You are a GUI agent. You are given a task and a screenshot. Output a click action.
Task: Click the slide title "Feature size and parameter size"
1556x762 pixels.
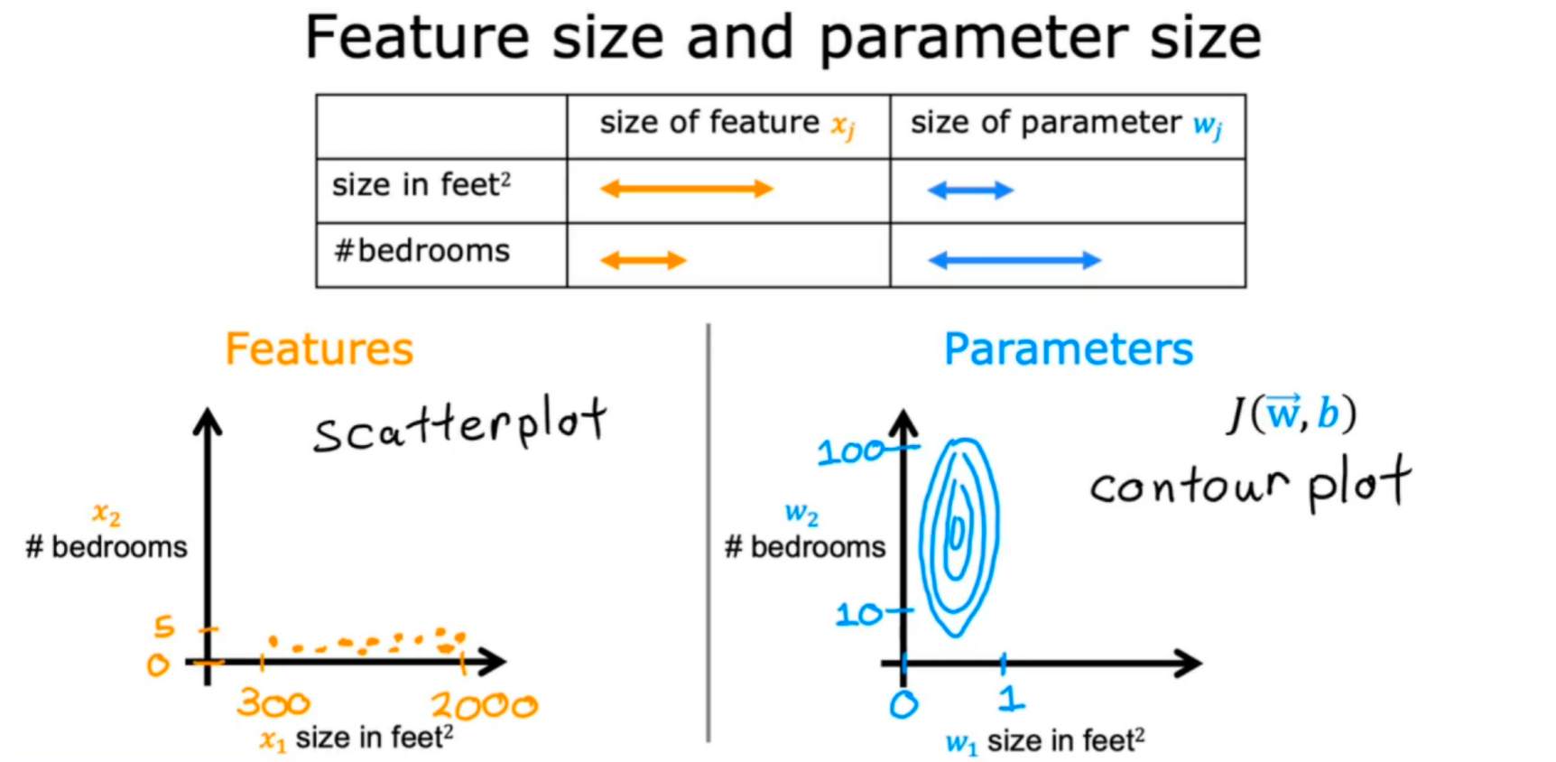pos(783,38)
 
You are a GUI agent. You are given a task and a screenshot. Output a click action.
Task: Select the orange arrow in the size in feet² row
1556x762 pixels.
pos(686,189)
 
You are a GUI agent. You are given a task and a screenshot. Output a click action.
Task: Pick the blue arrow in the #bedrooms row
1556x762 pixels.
pos(1014,261)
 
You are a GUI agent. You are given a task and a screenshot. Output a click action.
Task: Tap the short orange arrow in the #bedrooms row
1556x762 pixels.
pos(643,261)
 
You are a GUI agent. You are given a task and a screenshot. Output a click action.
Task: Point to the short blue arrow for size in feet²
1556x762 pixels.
pos(970,190)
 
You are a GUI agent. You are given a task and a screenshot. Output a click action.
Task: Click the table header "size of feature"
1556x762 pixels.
pos(709,123)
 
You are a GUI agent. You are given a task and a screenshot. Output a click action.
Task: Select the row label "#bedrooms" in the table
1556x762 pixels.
pos(421,251)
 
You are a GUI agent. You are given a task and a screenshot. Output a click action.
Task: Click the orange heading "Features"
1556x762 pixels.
pos(319,349)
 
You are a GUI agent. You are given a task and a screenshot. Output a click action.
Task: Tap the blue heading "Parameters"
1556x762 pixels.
pos(1068,349)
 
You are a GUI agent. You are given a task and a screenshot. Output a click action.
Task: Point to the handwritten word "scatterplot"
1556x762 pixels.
pos(459,426)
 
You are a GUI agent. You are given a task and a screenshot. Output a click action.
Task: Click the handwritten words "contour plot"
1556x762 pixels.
pos(1249,485)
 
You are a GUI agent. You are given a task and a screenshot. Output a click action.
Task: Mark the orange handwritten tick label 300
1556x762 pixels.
pos(273,703)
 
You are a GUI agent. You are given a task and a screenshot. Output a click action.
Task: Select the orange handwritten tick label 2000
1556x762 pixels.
pos(484,705)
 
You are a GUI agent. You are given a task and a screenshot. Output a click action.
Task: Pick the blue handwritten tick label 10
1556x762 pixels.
pos(858,616)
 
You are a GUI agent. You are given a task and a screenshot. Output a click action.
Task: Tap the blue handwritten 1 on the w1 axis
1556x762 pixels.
pos(1012,698)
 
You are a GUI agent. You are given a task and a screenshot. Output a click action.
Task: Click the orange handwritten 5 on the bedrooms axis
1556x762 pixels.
pos(164,626)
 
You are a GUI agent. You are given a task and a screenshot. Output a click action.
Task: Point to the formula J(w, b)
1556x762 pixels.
pos(1292,414)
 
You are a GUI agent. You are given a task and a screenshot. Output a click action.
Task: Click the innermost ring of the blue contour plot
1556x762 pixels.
pos(956,533)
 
